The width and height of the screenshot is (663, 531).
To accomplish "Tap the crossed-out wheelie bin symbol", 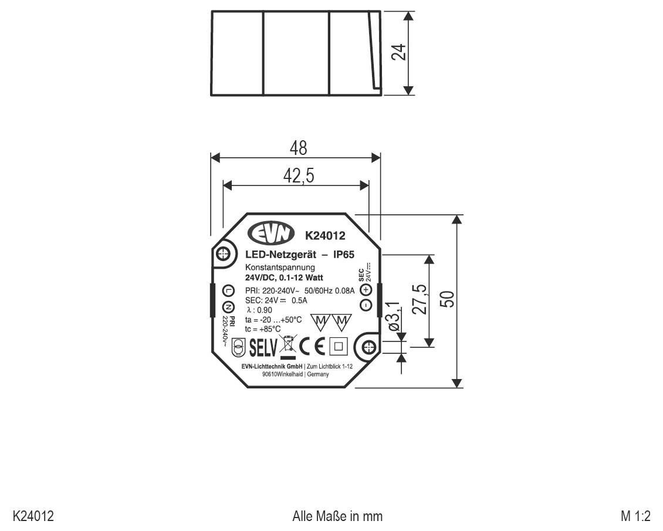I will tap(288, 345).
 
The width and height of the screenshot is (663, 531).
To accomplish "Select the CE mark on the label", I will tap(312, 346).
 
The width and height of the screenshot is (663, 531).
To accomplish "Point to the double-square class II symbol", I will tap(339, 346).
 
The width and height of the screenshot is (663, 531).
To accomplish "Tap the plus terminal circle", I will tap(366, 288).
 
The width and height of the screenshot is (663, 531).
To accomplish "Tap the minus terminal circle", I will tap(366, 305).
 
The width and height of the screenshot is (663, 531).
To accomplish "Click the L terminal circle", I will tap(229, 291).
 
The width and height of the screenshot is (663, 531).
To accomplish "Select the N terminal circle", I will tap(229, 307).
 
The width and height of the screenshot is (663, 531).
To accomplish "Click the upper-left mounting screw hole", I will tap(222, 254).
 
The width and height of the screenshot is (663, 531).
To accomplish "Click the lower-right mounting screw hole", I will tap(368, 348).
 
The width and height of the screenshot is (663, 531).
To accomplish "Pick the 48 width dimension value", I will tap(298, 148).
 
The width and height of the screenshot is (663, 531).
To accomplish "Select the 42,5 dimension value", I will tap(298, 176).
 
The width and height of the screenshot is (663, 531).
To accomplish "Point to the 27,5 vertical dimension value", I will tap(418, 300).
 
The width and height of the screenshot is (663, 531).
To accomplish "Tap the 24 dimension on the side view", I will tap(399, 52).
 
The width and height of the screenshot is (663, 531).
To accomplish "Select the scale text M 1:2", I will tap(635, 516).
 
